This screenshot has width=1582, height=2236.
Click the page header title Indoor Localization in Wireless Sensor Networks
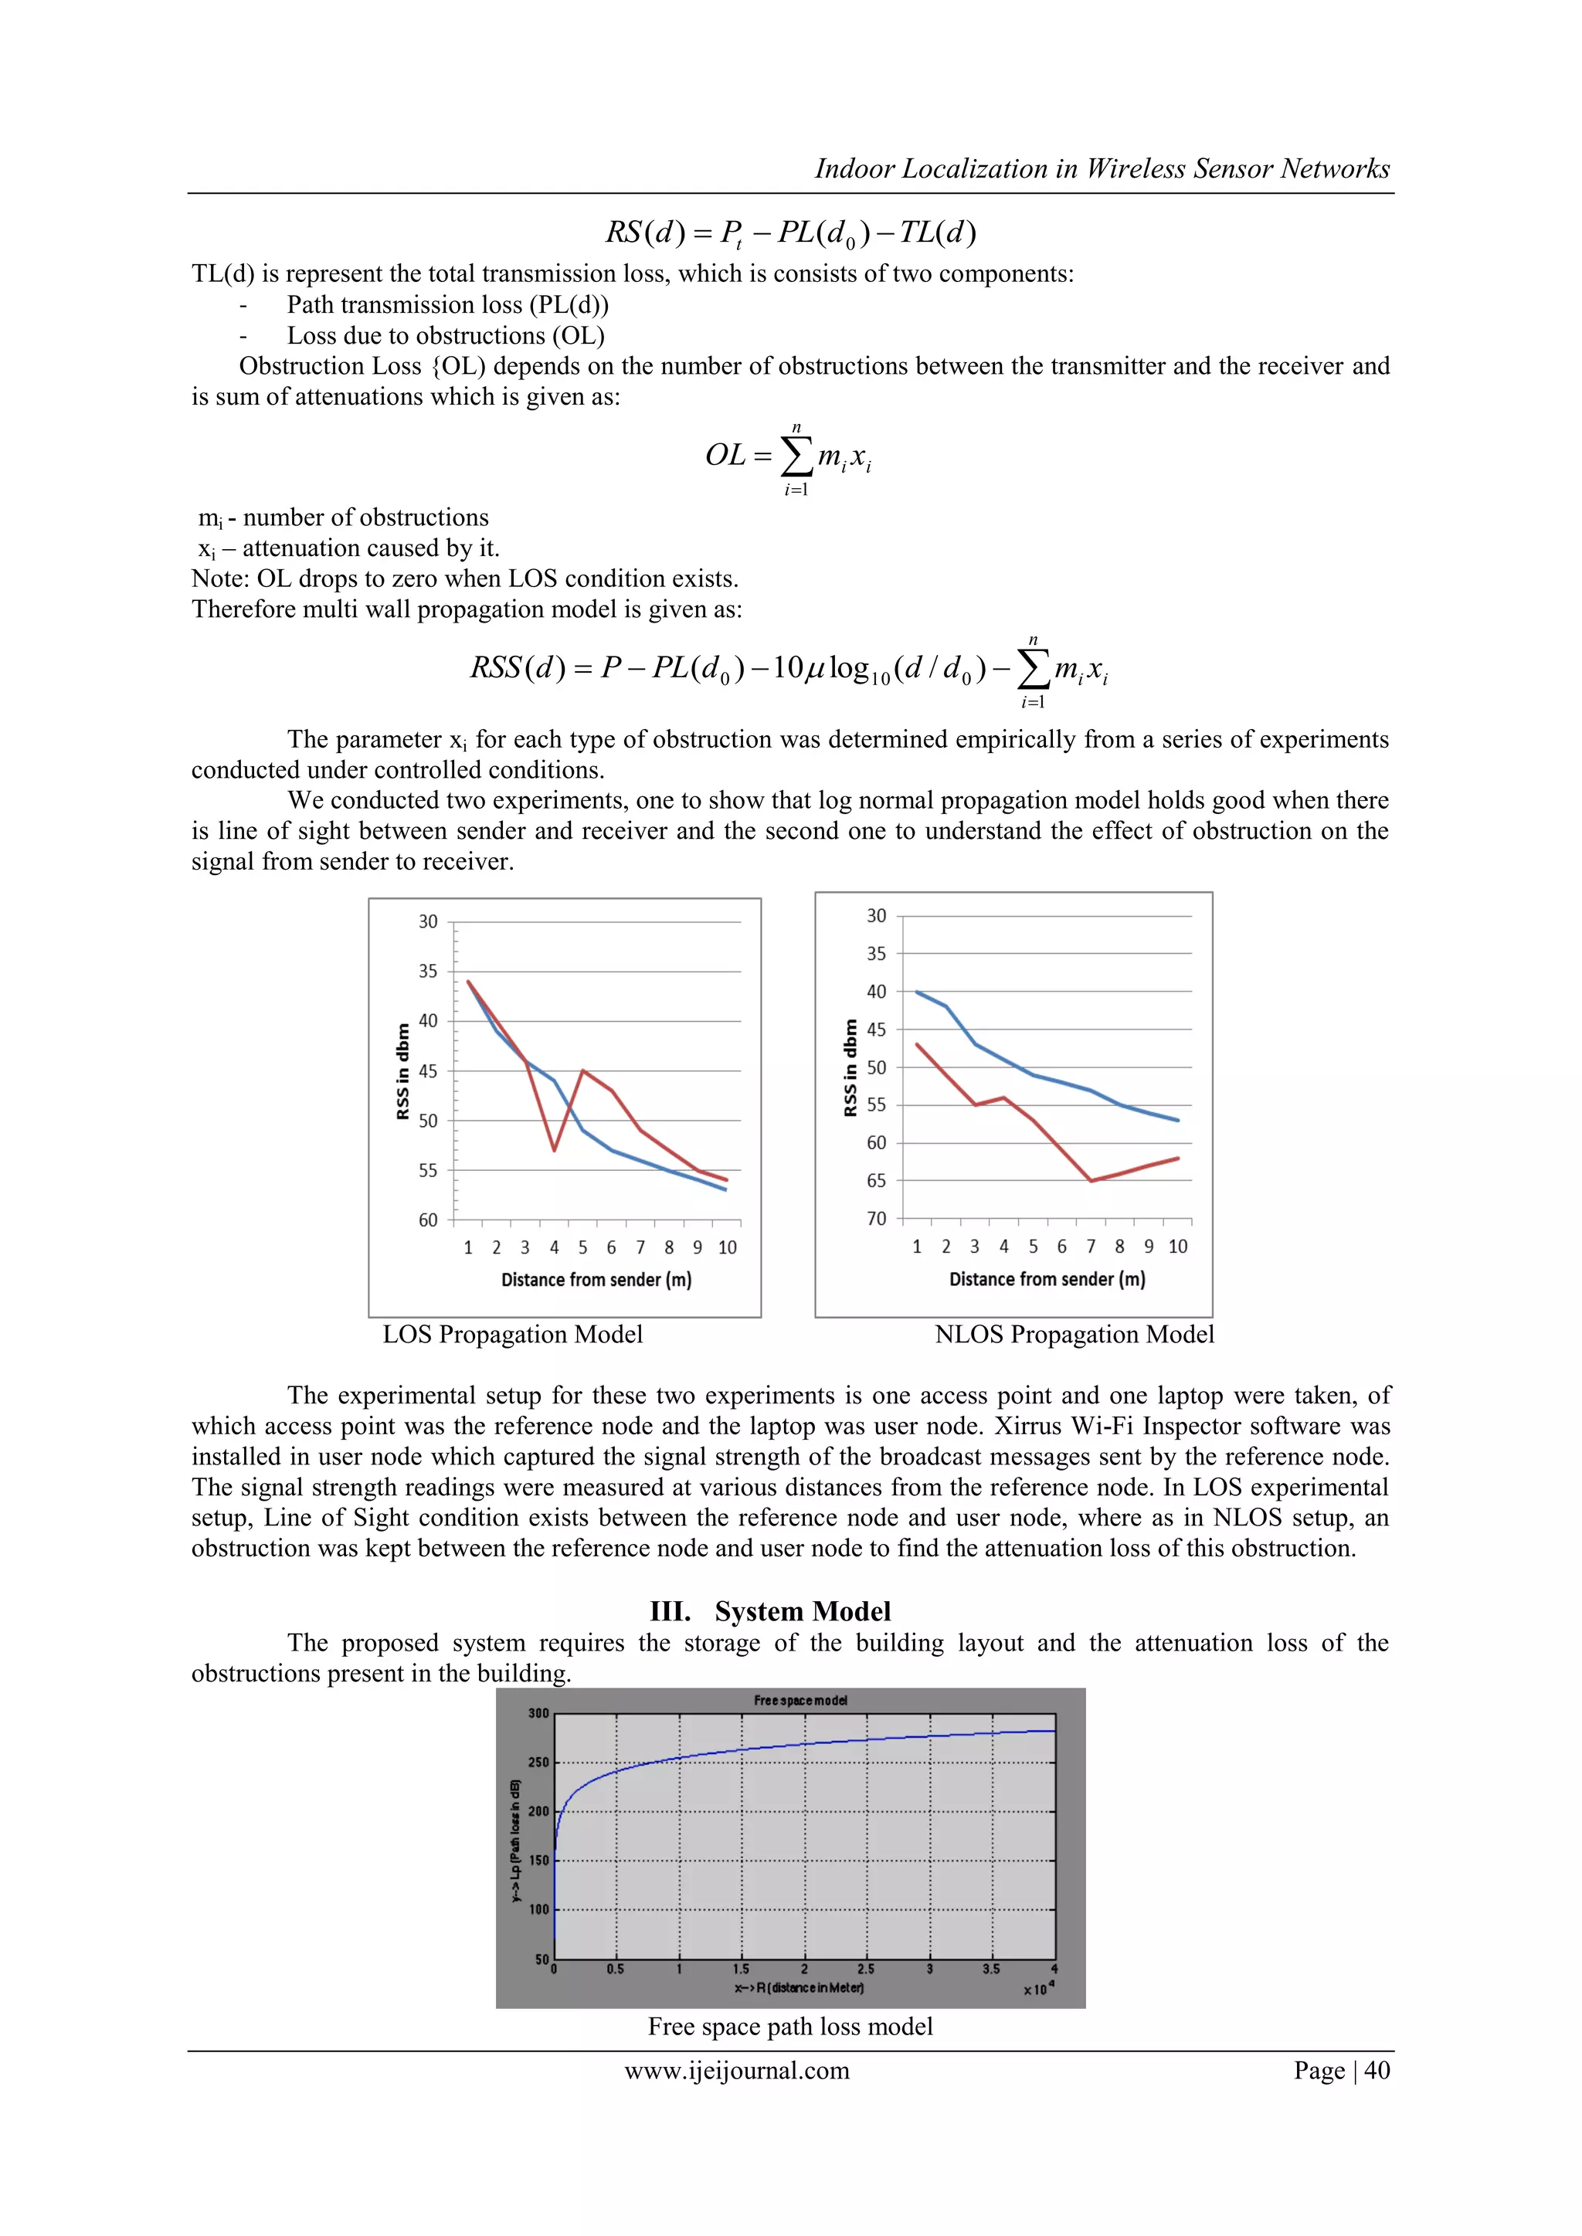point(1101,168)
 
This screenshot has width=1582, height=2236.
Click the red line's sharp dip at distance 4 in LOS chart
point(555,1150)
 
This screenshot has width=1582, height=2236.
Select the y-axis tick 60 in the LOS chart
point(428,1220)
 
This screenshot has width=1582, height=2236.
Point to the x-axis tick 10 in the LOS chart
point(727,1247)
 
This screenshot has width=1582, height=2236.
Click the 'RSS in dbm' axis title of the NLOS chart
point(850,1067)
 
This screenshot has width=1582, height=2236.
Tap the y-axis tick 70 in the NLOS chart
point(876,1218)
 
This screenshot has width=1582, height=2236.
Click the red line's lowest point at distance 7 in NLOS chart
point(1091,1180)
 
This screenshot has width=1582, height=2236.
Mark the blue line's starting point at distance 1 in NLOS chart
point(917,992)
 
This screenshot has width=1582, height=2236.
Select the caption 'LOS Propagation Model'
point(512,1334)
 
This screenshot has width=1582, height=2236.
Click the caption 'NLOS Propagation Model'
point(1074,1334)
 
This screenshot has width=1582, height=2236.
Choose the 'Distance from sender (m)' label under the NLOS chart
point(1047,1279)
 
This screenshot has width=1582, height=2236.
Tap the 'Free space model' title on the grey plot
point(799,1701)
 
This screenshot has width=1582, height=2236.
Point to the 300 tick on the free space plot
point(538,1713)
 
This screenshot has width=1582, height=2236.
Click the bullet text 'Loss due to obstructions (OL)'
point(445,335)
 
